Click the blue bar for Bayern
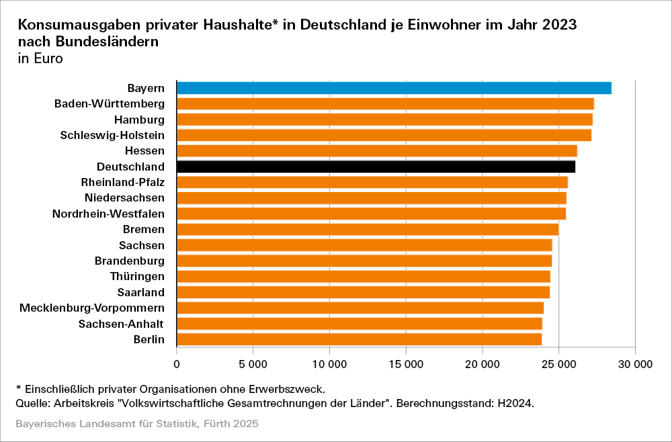point(394,88)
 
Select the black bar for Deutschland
point(376,167)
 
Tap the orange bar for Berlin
point(359,339)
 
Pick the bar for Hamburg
point(384,120)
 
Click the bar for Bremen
point(368,230)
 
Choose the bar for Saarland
point(363,292)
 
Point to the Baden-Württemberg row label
point(110,103)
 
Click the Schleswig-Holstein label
point(112,135)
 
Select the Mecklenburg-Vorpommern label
point(92,308)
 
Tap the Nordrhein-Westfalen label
point(108,214)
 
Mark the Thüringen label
point(137,276)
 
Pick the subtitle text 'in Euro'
point(40,58)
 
